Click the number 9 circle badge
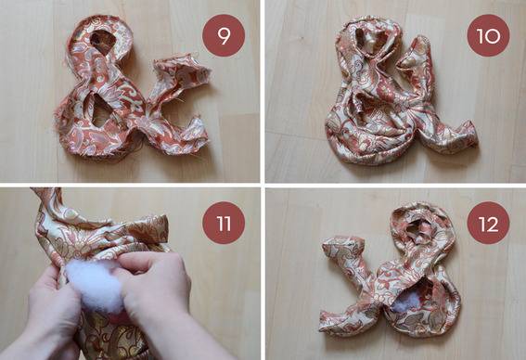pos(224,35)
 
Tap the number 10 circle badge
pos(488,35)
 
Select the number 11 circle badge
pos(224,223)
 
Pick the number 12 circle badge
pos(488,223)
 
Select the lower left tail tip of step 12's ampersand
pos(325,323)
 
